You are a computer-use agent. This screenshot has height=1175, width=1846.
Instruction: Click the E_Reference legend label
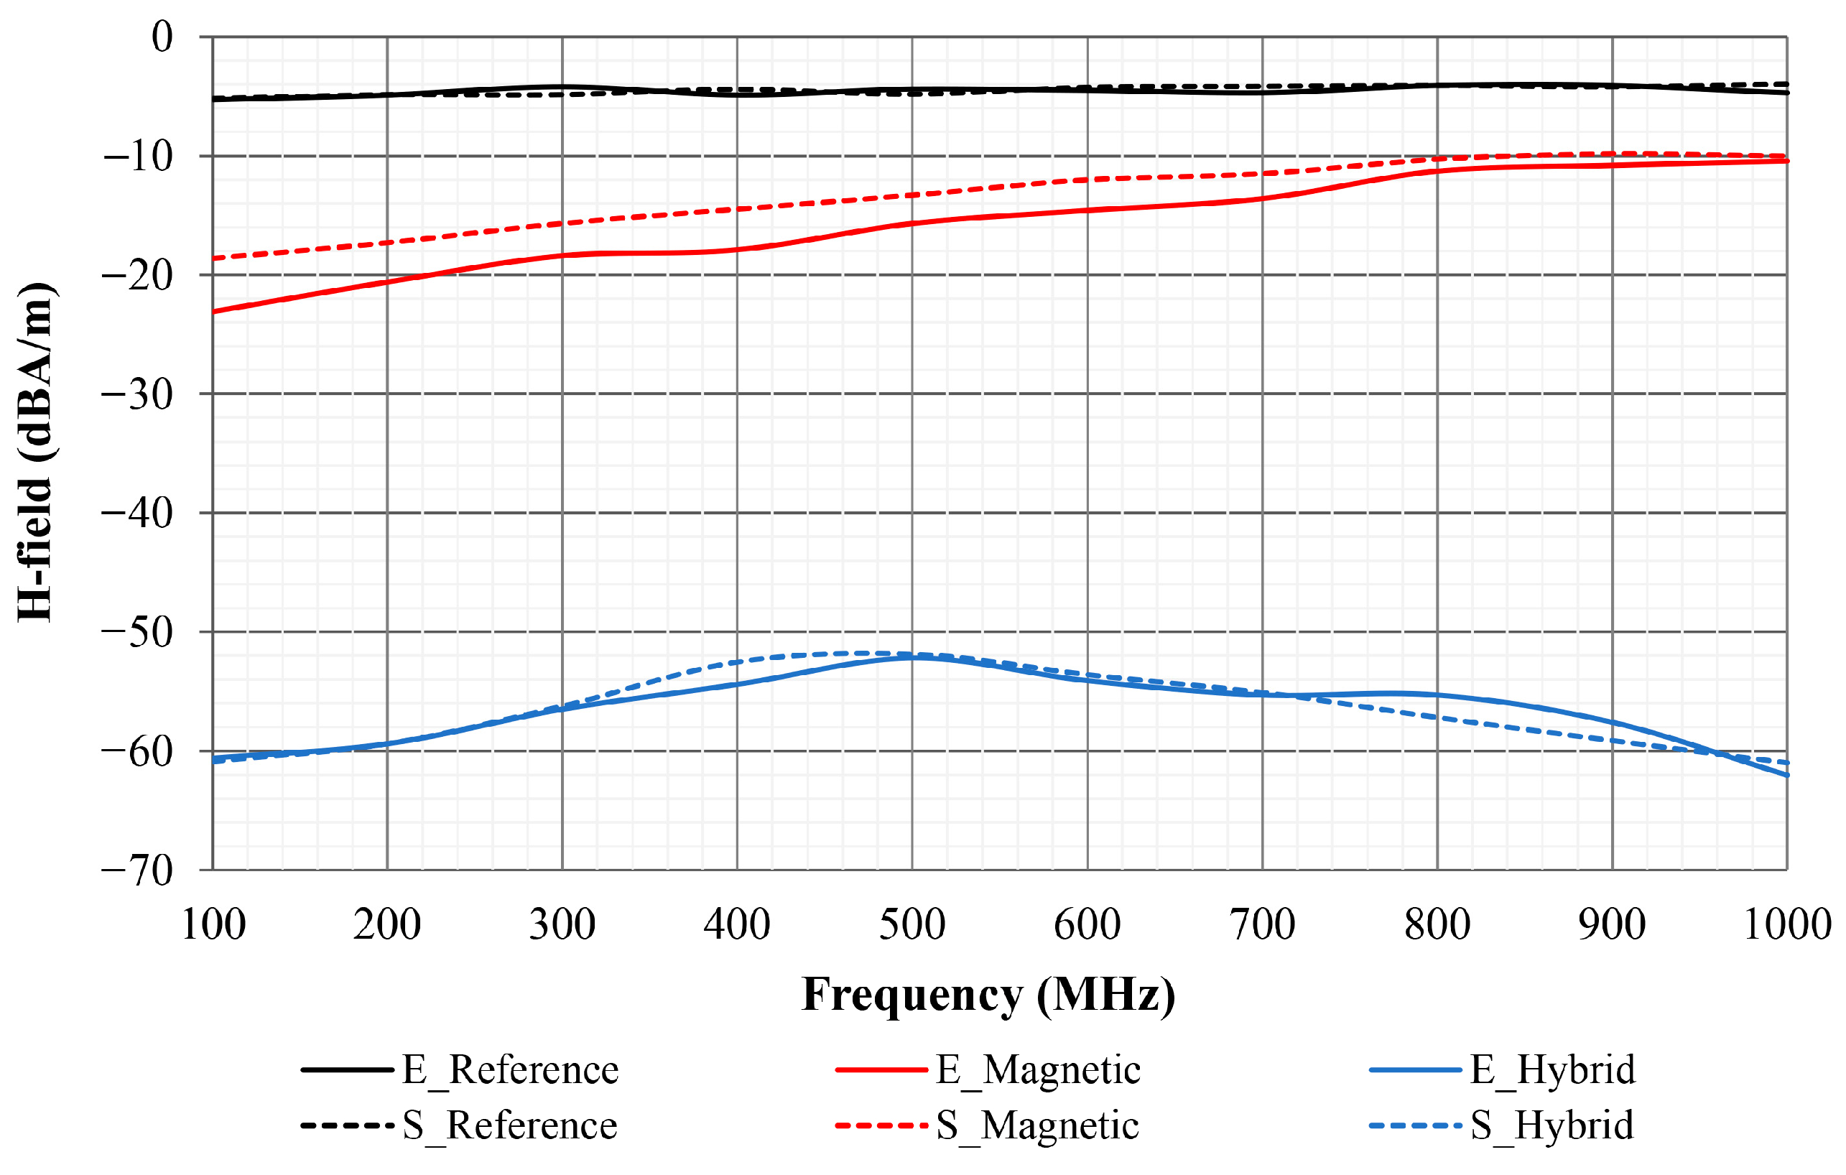point(510,1069)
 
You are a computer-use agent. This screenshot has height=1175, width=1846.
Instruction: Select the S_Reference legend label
point(510,1125)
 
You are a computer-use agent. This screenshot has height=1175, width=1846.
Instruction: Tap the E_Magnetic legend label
point(1038,1069)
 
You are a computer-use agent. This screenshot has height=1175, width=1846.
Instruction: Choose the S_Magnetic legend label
point(1037,1125)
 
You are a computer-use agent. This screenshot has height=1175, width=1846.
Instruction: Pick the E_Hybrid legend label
point(1552,1069)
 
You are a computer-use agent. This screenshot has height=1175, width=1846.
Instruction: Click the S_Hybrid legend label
point(1552,1125)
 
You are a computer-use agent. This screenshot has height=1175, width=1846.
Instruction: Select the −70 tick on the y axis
point(138,870)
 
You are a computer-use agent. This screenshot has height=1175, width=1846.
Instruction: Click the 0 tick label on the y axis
point(162,37)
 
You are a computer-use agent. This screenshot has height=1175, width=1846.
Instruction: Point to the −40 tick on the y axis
point(138,513)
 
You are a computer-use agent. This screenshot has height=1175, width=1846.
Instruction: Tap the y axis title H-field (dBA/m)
point(35,452)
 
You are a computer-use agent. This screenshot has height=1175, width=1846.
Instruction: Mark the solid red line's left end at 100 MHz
point(213,311)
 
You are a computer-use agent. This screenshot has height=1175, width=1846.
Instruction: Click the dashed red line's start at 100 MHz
point(213,259)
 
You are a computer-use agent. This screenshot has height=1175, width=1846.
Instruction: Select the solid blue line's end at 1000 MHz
point(1787,776)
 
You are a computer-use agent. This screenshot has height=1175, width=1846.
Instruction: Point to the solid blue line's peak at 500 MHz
point(912,658)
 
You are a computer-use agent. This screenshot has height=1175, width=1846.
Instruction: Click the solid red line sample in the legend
point(881,1069)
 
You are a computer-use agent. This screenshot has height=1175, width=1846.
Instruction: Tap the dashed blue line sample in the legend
point(1415,1125)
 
